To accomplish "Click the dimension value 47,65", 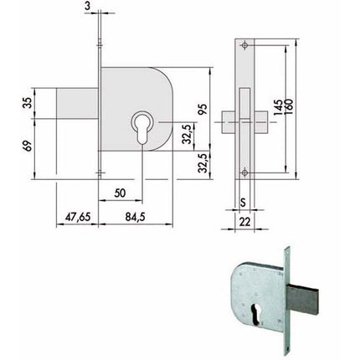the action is click(78, 217).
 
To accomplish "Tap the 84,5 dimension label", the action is click(136, 217).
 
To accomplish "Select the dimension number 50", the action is click(120, 193).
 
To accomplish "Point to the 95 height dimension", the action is click(203, 110).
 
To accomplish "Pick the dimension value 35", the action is click(27, 103).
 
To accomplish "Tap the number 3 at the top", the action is click(88, 6).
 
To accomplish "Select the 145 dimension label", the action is click(278, 107).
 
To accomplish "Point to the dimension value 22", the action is click(244, 222).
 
